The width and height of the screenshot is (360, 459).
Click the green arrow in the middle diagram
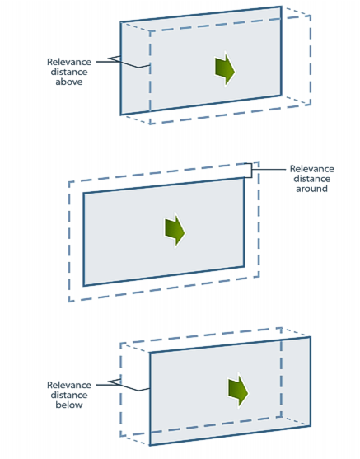pyautogui.click(x=175, y=232)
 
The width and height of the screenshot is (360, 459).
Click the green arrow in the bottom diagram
pyautogui.click(x=238, y=391)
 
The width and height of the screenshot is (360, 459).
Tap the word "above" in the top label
pyautogui.click(x=69, y=82)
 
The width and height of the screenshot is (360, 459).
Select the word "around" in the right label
pyautogui.click(x=311, y=189)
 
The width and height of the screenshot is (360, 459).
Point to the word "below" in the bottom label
pyautogui.click(x=69, y=405)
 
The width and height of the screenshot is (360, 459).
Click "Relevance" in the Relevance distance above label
pyautogui.click(x=69, y=62)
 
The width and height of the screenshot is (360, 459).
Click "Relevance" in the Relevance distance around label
pyautogui.click(x=312, y=169)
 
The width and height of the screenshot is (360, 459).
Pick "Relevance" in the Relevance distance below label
pyautogui.click(x=69, y=385)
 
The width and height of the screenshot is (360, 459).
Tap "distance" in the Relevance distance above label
pyautogui.click(x=69, y=72)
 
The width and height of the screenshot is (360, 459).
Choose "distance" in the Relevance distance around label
pyautogui.click(x=312, y=179)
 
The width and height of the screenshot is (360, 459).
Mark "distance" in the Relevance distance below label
pyautogui.click(x=69, y=395)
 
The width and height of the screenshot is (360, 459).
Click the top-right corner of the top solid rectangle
pyautogui.click(x=281, y=7)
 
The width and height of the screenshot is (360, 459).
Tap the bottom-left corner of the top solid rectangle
pyautogui.click(x=121, y=115)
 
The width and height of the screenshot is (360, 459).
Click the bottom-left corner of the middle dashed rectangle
pyautogui.click(x=69, y=302)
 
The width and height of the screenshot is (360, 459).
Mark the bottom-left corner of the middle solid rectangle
pyautogui.click(x=84, y=285)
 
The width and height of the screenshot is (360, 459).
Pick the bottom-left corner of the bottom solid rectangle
pyautogui.click(x=150, y=445)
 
